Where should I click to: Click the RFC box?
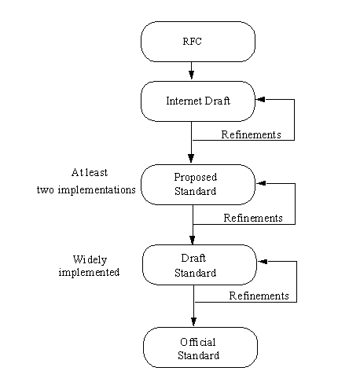point(198,42)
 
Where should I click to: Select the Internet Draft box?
point(198,101)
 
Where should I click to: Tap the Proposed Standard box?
point(198,185)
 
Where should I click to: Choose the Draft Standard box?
point(200,265)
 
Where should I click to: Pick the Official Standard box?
point(200,347)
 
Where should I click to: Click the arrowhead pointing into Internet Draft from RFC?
point(191,75)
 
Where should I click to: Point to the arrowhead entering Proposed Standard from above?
point(191,158)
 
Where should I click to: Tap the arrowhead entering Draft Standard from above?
point(193,240)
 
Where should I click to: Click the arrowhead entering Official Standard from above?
point(193,321)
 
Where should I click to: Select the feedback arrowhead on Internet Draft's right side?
point(261,99)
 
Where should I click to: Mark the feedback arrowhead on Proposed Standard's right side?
point(262,183)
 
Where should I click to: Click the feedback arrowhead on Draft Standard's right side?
point(263,261)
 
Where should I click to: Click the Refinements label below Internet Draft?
point(251,134)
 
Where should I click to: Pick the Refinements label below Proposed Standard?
point(253,218)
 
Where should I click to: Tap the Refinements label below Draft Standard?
point(259,296)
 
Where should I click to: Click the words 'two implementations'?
point(86,190)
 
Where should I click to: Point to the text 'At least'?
point(90,173)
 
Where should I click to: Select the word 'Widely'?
point(90,260)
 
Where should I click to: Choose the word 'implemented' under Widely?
point(89,273)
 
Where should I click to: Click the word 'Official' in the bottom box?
point(198,342)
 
